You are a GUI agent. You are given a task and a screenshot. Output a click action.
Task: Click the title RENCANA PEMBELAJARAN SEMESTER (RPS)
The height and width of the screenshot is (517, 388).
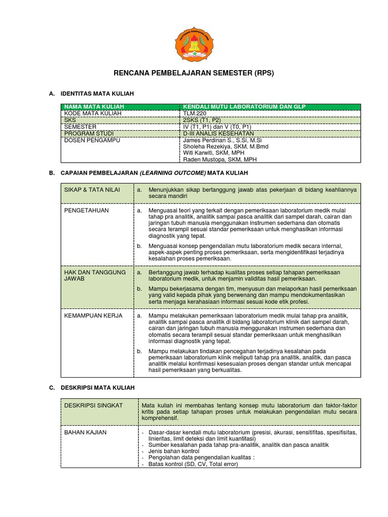tap(193, 73)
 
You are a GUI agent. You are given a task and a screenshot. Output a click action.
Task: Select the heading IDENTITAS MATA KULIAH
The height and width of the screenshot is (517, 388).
tap(96, 94)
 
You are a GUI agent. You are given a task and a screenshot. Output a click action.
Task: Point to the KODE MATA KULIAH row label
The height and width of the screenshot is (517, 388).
tap(92, 114)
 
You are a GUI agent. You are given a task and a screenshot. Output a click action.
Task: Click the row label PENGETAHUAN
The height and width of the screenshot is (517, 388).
tap(86, 210)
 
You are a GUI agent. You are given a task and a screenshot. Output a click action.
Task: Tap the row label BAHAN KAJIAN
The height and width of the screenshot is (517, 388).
tap(85, 433)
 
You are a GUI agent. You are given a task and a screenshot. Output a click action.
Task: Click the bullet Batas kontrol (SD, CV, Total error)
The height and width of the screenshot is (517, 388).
tap(192, 463)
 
